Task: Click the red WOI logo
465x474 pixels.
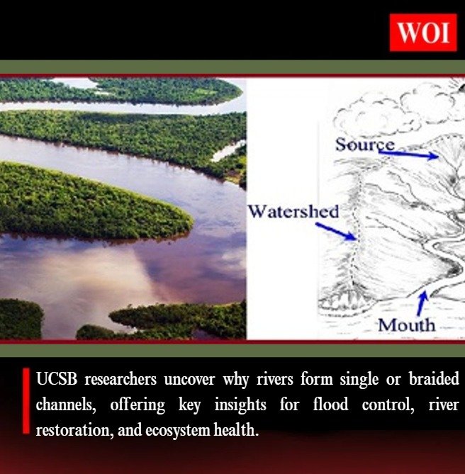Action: click(x=422, y=32)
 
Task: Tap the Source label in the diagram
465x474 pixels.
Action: click(x=364, y=145)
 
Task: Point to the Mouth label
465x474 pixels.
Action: click(x=406, y=325)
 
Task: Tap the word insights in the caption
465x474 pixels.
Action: click(x=228, y=405)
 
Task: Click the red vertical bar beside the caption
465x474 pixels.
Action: click(x=26, y=401)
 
